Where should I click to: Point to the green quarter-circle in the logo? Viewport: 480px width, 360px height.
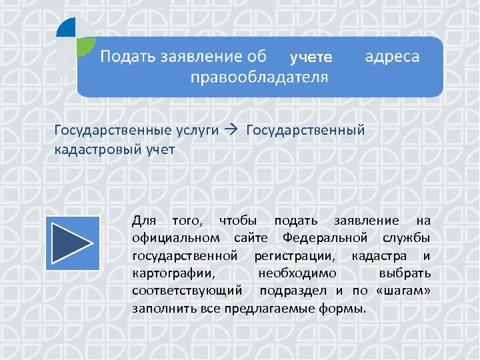tap(85, 46)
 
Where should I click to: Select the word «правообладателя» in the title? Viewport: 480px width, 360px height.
tap(259, 77)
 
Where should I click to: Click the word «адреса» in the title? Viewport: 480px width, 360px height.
tap(393, 57)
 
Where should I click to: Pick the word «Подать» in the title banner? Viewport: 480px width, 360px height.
tap(127, 57)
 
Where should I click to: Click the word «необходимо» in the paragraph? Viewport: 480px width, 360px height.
tap(297, 273)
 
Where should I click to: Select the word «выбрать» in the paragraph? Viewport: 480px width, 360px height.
tap(404, 273)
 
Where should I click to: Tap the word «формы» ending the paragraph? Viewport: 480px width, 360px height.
tap(345, 309)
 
